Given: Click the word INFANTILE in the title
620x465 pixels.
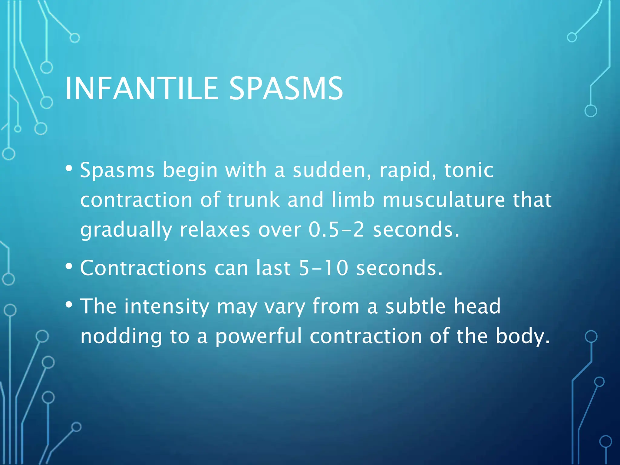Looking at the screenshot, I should coord(141,88).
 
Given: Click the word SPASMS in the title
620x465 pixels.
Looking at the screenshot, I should coord(286,88).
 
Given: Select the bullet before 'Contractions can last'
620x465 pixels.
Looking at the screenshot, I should coord(69,266).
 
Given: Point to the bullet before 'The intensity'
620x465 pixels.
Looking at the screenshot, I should coord(69,304).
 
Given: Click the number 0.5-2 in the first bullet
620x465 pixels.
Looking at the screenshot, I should coord(336,229).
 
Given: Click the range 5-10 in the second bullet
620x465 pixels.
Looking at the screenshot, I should coord(323,268).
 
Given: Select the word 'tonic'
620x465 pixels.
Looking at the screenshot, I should coord(469,170).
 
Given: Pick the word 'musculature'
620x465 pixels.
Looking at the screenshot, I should coord(444,200).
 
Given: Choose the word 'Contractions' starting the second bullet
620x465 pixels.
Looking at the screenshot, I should coord(143,268).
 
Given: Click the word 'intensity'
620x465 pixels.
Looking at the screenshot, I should coord(167,306).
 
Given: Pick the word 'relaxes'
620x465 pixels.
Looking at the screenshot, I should coord(215,229).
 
